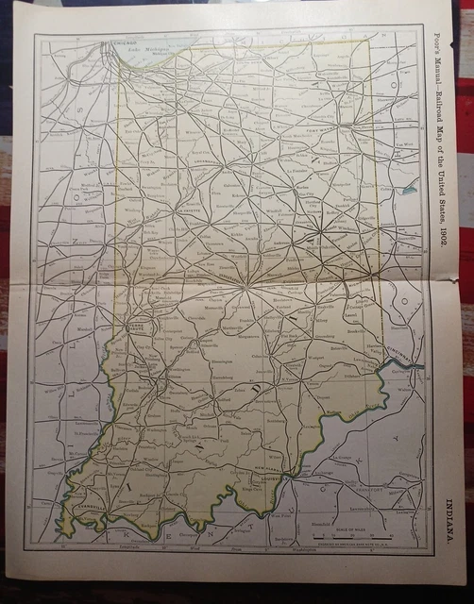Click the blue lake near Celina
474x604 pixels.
409,190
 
